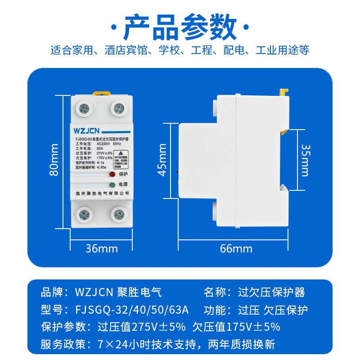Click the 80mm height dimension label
[x=55, y=160]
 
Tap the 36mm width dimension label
[x=102, y=248]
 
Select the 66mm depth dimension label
[x=236, y=248]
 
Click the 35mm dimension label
[x=305, y=160]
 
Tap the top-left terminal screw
[x=84, y=108]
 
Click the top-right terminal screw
[x=119, y=108]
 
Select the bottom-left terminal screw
[x=84, y=215]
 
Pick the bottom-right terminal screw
[x=119, y=215]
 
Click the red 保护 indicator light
[x=111, y=174]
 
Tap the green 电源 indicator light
[x=111, y=184]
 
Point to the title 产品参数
[x=180, y=28]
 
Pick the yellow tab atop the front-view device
[x=102, y=93]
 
